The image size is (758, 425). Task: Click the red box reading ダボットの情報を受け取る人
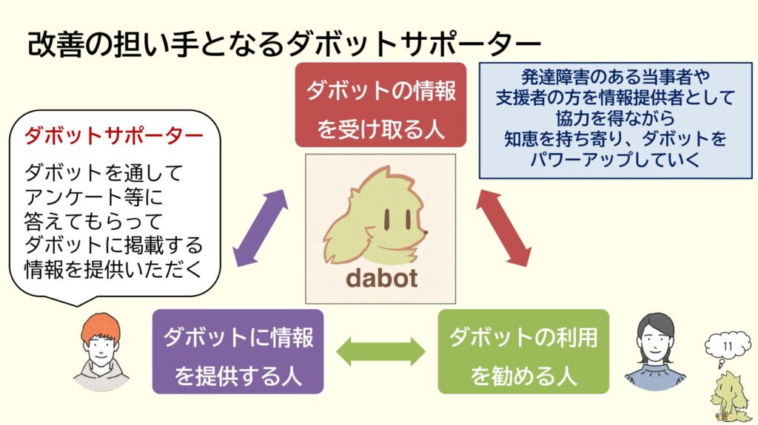380,105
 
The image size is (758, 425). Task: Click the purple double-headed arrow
260,228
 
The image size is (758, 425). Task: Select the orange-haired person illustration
101,353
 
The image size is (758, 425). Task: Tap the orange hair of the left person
101,327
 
